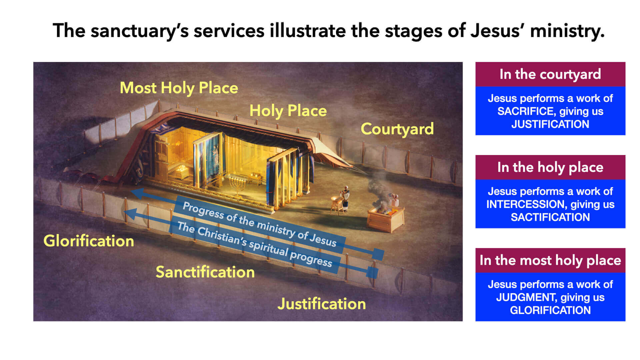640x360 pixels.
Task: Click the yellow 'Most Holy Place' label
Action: [x=179, y=88]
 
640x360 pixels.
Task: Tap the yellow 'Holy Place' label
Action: [x=288, y=111]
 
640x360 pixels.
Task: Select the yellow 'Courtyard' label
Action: [x=397, y=129]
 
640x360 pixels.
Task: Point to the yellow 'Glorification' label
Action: [x=89, y=241]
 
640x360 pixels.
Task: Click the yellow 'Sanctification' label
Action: [x=205, y=272]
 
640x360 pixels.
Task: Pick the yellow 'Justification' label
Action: [x=322, y=304]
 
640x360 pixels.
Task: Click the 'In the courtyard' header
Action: [x=550, y=74]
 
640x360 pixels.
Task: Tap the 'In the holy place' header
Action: [x=550, y=167]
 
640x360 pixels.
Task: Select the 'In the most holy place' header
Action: [x=550, y=260]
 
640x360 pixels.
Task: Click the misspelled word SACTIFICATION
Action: [x=550, y=217]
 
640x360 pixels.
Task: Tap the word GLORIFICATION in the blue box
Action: [x=550, y=310]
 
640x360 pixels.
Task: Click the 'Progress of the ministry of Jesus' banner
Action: [x=259, y=224]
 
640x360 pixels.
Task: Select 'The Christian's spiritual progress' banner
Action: [x=255, y=245]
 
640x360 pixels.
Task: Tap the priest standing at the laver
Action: [x=346, y=198]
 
